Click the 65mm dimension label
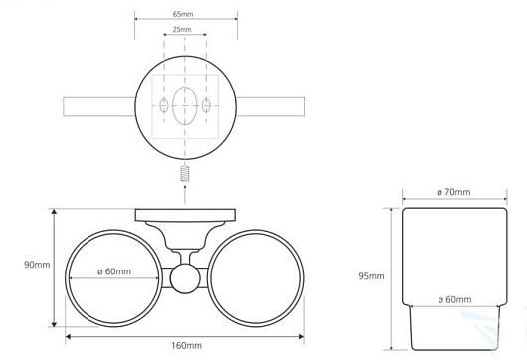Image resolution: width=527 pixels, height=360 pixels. point(183,14)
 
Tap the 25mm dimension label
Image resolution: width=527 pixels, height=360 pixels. point(182,29)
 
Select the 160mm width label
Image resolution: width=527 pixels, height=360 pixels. point(187,345)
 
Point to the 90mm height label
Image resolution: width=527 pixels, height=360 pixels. point(37,265)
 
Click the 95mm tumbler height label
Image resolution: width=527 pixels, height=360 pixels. point(371,276)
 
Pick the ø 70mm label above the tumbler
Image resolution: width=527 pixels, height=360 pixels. point(453,192)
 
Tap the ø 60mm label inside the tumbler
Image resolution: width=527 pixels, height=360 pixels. point(454,299)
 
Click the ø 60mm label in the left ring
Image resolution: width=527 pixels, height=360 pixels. point(114,271)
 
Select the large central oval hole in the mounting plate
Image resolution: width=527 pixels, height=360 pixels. point(185,105)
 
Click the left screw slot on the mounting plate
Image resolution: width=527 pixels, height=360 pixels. point(164,105)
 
